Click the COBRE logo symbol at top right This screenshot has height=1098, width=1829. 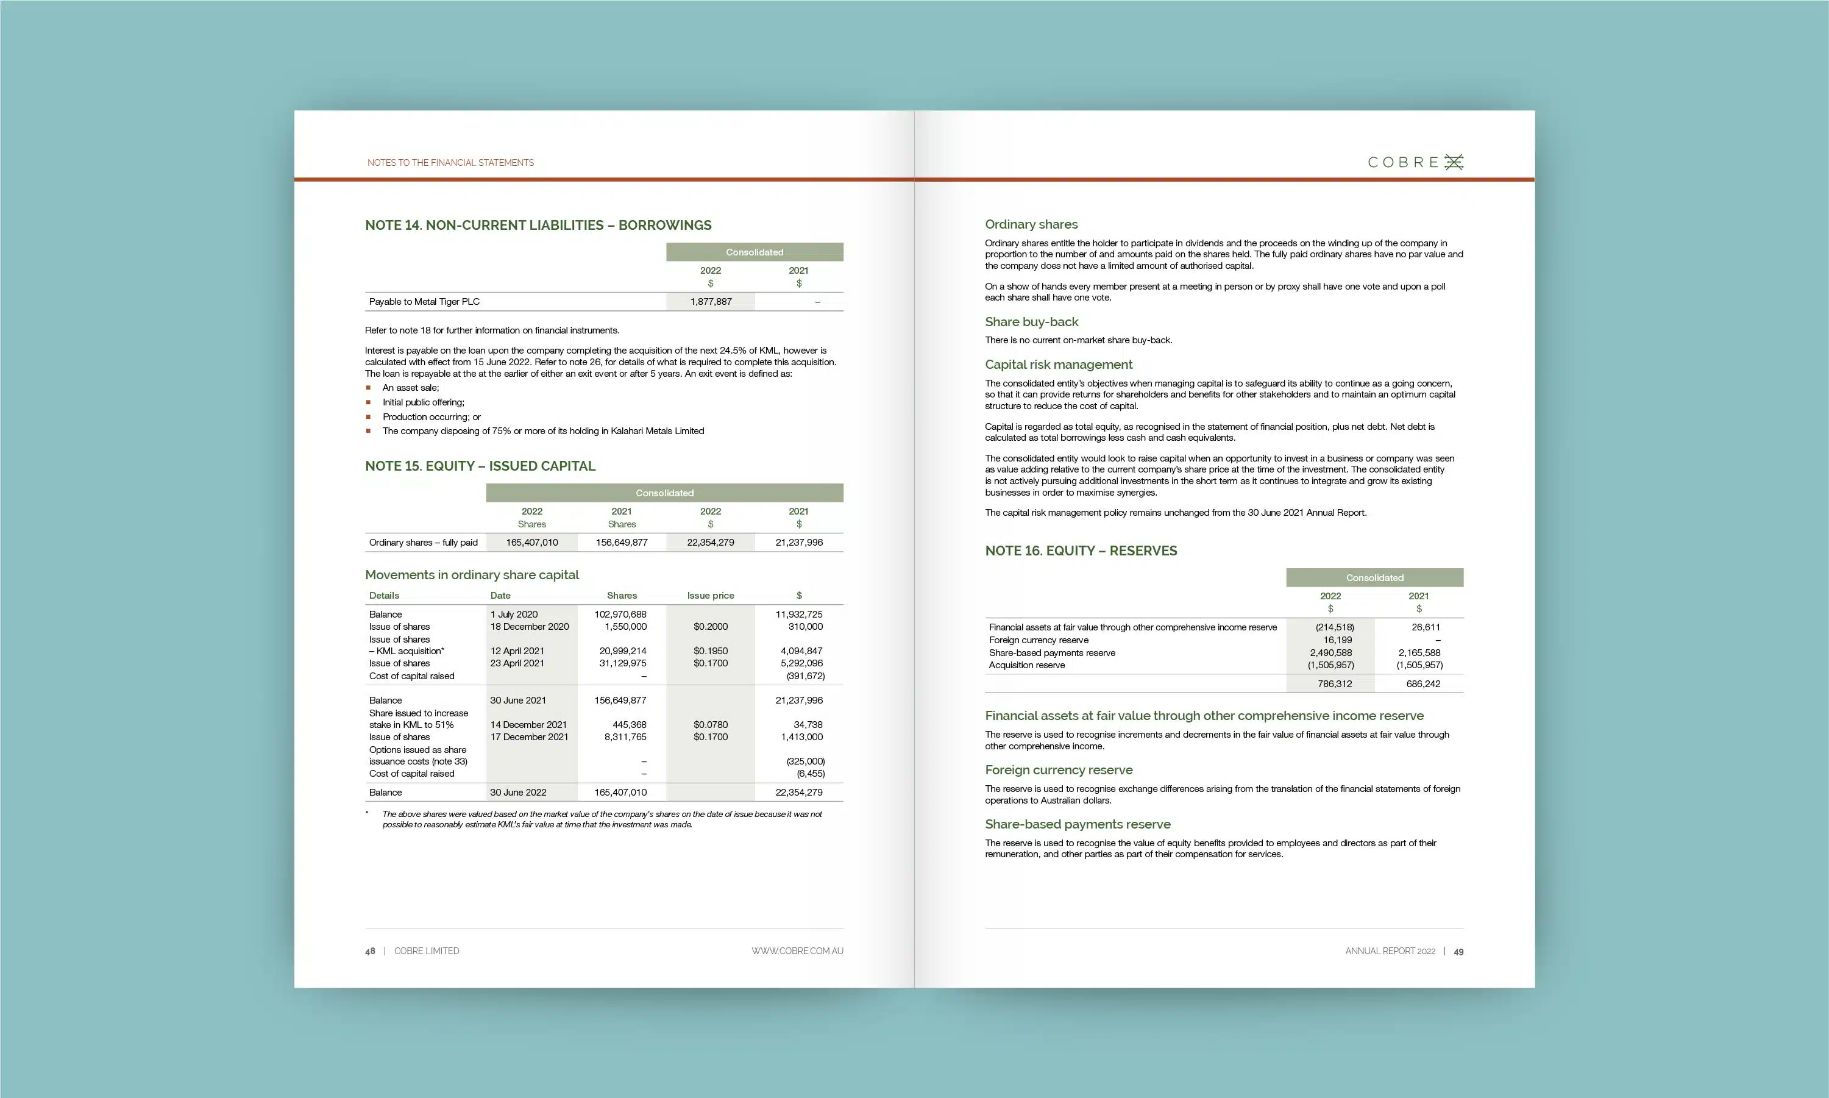(x=1454, y=162)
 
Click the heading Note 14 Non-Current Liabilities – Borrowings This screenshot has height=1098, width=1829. (x=538, y=225)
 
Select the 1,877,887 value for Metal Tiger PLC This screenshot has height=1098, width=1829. (x=710, y=302)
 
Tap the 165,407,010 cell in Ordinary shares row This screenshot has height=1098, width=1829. (x=532, y=543)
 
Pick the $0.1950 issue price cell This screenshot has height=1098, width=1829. (x=710, y=651)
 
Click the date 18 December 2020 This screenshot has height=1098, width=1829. (x=530, y=627)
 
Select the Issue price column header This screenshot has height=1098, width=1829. (x=710, y=596)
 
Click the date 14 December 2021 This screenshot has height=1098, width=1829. (x=528, y=725)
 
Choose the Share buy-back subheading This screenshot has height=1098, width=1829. (x=1031, y=322)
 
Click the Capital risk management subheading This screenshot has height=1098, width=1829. (x=1057, y=365)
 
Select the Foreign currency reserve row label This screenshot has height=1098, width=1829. (x=1039, y=641)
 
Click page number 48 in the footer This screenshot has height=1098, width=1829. (x=370, y=952)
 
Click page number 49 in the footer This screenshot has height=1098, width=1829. (x=1458, y=952)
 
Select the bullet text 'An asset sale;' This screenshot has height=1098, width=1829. (x=410, y=388)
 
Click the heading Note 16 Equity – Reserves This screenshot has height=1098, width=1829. (x=1081, y=551)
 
